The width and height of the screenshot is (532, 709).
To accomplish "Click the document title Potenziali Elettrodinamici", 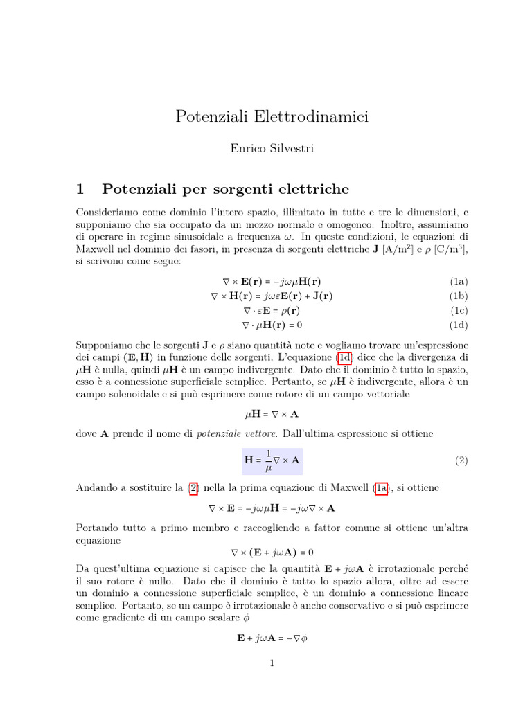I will coord(272,117).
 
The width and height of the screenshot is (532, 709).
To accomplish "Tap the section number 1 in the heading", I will coord(80,188).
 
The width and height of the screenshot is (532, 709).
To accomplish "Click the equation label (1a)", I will coord(459,282).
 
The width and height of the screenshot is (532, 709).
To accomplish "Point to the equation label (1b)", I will coord(459,296).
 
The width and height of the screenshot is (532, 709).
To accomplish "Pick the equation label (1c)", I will coord(459,310).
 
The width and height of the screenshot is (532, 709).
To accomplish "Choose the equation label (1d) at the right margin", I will coord(459,325).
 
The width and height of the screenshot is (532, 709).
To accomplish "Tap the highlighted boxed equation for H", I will coord(272,460).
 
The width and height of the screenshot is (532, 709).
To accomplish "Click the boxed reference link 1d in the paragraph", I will coord(344,358).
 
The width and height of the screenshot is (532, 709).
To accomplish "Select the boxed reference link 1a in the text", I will coord(382,488).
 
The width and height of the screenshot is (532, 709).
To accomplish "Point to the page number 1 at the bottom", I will coord(272,663).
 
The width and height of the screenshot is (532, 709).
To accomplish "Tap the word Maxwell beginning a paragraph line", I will coord(95,249).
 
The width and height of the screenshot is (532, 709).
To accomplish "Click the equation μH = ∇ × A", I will coord(272,413).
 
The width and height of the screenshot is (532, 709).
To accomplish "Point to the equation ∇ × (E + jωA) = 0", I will coord(272,553).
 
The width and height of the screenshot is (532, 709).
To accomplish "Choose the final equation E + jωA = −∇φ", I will coord(272,638).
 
